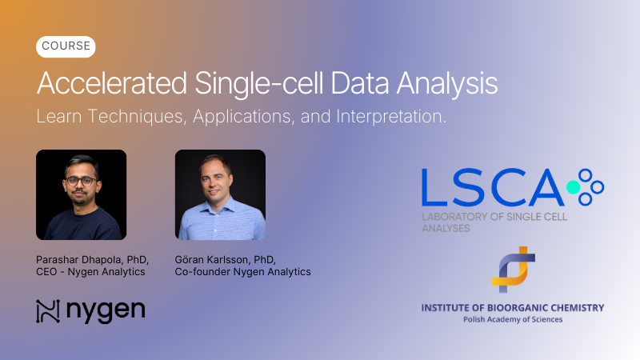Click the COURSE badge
(x=66, y=47)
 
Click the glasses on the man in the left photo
(x=80, y=181)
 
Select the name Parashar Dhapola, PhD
(x=92, y=259)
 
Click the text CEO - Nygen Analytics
(x=90, y=272)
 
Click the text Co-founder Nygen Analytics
(x=242, y=272)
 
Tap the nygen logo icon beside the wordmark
(x=48, y=311)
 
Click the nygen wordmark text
(x=106, y=311)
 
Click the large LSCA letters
(x=492, y=186)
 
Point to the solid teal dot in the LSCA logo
(x=573, y=187)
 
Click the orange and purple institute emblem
(x=512, y=270)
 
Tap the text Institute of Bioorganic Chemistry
(x=512, y=307)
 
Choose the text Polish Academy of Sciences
(x=512, y=319)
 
